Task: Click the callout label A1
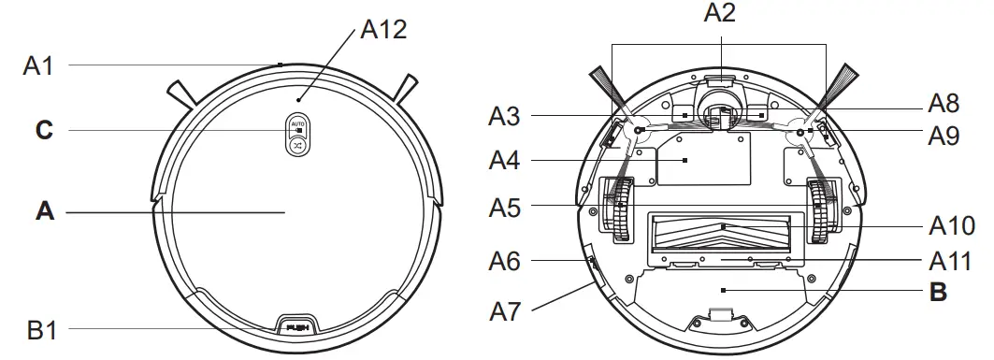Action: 40,65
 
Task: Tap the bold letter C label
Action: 44,131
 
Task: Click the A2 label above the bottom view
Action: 720,13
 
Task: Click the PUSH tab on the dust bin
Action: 298,328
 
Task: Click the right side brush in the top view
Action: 409,88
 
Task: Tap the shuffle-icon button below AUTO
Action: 297,145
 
